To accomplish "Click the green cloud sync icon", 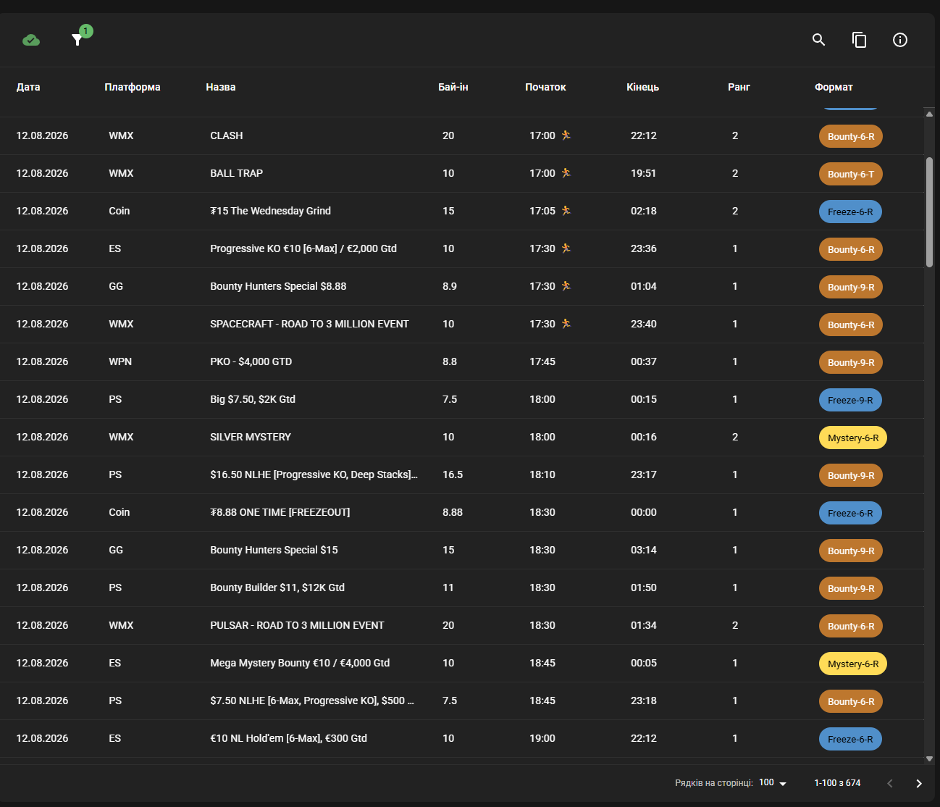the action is point(31,40).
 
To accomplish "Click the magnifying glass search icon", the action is point(818,40).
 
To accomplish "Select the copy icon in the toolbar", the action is point(859,40).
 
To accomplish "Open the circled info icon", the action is point(900,40).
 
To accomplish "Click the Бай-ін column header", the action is point(453,87).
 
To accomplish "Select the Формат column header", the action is point(834,87).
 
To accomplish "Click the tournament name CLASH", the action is point(227,135).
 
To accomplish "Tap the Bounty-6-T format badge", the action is point(850,174).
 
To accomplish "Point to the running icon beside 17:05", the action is point(566,211).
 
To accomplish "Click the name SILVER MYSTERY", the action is point(251,437).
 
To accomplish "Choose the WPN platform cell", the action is point(120,361).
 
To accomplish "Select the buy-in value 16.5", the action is point(453,474).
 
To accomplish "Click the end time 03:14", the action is point(644,550).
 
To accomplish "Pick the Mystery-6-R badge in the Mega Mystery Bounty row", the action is point(852,664).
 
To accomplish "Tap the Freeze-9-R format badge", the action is point(850,400).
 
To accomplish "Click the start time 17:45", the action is point(542,361).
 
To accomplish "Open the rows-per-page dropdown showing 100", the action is point(773,782).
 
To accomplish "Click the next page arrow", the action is point(918,783).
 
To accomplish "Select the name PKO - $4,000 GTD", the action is point(251,361).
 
